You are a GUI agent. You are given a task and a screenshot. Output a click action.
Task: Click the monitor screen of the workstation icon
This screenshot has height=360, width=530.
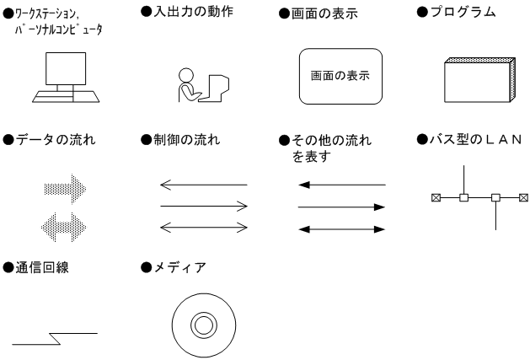click(66, 68)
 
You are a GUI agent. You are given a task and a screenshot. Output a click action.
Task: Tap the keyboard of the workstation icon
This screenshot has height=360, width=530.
click(66, 96)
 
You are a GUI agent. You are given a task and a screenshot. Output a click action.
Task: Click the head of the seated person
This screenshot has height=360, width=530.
click(186, 76)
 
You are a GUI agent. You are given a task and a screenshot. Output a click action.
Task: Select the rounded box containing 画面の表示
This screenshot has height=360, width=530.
click(340, 76)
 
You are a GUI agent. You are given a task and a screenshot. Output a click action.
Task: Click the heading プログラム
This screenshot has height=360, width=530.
click(463, 13)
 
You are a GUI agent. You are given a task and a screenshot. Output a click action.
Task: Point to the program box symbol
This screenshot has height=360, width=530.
click(479, 80)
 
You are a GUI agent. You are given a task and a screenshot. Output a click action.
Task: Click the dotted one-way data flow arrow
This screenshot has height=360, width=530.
click(65, 189)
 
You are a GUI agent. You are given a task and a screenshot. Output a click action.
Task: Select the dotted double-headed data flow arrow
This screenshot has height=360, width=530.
click(64, 227)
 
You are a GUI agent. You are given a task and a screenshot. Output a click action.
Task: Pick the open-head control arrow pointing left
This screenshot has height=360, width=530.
click(204, 185)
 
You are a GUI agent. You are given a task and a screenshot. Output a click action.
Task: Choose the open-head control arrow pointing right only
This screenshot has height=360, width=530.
click(204, 206)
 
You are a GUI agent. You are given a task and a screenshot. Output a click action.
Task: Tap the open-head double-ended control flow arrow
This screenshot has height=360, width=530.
click(204, 228)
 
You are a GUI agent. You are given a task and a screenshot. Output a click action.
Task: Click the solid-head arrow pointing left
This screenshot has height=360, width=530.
click(342, 185)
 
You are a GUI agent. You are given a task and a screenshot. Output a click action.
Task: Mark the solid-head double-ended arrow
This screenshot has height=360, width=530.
click(342, 229)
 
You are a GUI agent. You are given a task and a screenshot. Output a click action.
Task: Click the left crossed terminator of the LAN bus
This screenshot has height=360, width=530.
click(436, 197)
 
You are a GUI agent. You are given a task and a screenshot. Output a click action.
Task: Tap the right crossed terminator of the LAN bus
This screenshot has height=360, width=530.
click(523, 197)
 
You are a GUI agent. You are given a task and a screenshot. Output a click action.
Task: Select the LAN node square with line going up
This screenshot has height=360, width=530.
click(463, 197)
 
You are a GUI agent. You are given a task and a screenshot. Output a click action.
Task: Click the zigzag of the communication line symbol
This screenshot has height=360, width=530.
click(55, 339)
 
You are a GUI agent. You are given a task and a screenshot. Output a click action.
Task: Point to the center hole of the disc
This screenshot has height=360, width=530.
click(204, 325)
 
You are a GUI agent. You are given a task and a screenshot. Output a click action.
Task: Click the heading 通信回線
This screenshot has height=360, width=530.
click(42, 267)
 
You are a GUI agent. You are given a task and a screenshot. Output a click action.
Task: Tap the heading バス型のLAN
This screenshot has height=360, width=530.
click(476, 139)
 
